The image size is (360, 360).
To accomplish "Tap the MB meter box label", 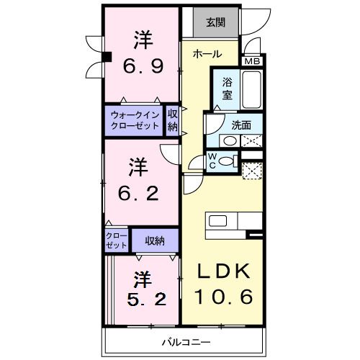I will (252, 62).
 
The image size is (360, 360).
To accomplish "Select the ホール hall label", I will (207, 54).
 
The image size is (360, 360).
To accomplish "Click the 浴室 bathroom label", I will (226, 87).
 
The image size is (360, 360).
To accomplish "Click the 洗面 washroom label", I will (241, 125).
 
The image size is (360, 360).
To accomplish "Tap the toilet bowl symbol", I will (227, 161).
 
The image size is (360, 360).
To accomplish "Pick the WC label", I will (213, 161).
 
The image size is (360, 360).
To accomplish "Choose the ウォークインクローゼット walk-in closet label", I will (135, 119).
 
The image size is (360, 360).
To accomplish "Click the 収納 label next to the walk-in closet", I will (173, 119).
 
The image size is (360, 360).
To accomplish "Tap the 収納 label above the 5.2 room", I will (153, 240).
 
